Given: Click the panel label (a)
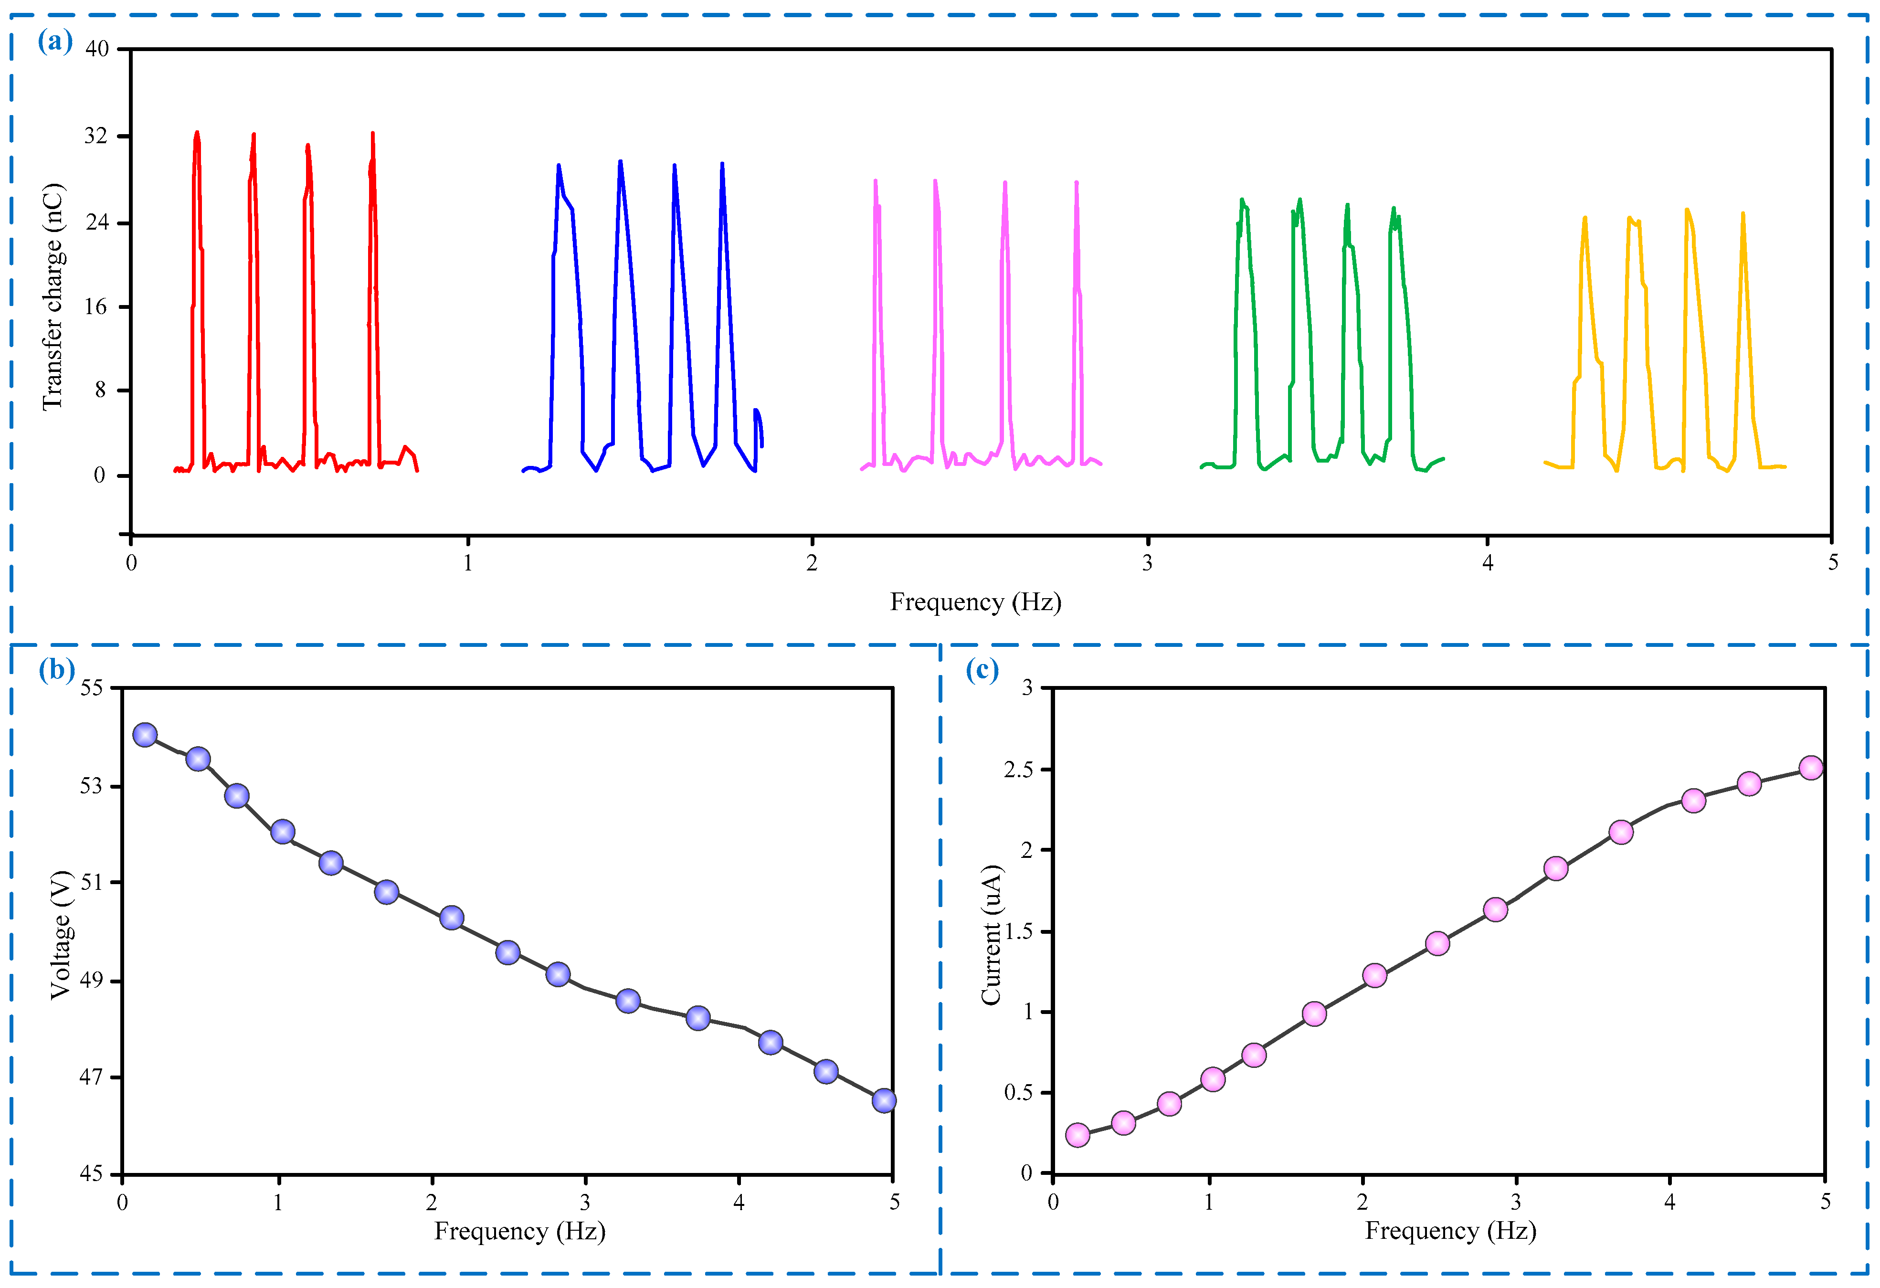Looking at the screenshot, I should tap(55, 41).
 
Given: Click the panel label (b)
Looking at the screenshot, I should tap(57, 670).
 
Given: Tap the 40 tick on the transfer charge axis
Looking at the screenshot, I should tap(97, 49).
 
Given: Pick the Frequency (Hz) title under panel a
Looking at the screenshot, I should tap(976, 602).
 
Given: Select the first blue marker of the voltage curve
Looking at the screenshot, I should tap(145, 735).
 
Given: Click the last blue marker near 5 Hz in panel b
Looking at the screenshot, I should tap(884, 1100).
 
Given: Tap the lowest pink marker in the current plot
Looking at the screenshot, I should tap(1077, 1135).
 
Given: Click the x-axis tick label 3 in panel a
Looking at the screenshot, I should tap(1147, 563).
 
